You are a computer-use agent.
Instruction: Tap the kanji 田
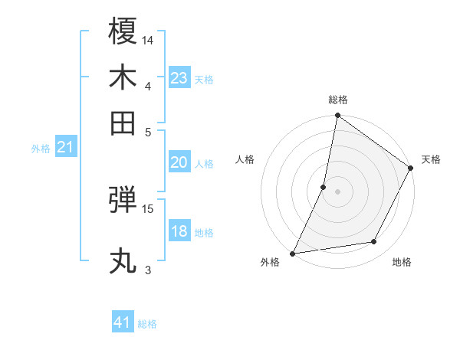pos(123,123)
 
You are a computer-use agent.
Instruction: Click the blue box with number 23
pos(179,78)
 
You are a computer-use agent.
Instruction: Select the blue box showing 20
pos(179,162)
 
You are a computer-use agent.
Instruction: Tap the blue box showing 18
pos(179,231)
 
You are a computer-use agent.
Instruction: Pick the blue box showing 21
pos(65,148)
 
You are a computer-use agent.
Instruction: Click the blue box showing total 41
pos(123,322)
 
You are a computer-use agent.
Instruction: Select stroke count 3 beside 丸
pos(148,270)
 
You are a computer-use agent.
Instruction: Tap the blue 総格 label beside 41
pos(147,324)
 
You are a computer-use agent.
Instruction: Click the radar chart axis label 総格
pos(338,100)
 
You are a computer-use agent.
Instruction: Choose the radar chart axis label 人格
pos(245,159)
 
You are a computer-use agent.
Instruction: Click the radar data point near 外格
pos(293,253)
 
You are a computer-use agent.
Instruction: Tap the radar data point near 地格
pos(374,242)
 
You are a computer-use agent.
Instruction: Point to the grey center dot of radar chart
pos(338,191)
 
